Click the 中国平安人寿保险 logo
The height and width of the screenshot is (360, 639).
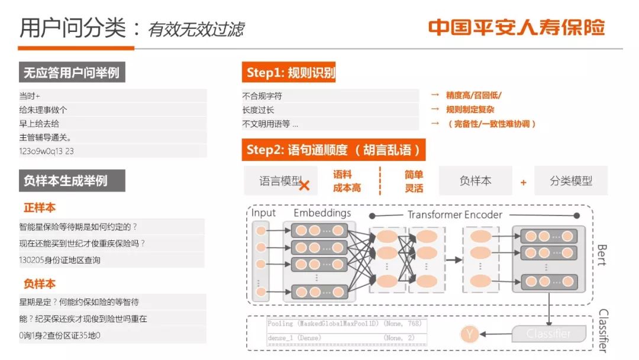coord(516,28)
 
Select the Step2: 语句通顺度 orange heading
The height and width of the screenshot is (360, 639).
coord(333,150)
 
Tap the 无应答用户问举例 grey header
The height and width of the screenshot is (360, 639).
coord(72,73)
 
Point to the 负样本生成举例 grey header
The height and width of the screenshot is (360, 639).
coord(72,181)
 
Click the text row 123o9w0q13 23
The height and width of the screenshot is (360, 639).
coord(47,151)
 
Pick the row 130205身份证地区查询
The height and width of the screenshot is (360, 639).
coord(60,260)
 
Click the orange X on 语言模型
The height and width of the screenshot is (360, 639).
coord(304,185)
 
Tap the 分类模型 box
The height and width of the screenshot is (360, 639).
coord(570,181)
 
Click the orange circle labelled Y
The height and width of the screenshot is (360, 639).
coord(469,335)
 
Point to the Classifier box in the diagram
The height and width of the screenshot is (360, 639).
coord(548,334)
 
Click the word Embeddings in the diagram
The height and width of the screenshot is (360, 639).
coord(322,213)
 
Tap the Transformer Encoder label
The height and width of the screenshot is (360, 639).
coord(454,214)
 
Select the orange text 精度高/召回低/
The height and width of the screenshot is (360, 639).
coord(473,95)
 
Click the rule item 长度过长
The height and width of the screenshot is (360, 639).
coord(259,110)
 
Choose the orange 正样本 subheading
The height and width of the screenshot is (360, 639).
coord(40,208)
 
